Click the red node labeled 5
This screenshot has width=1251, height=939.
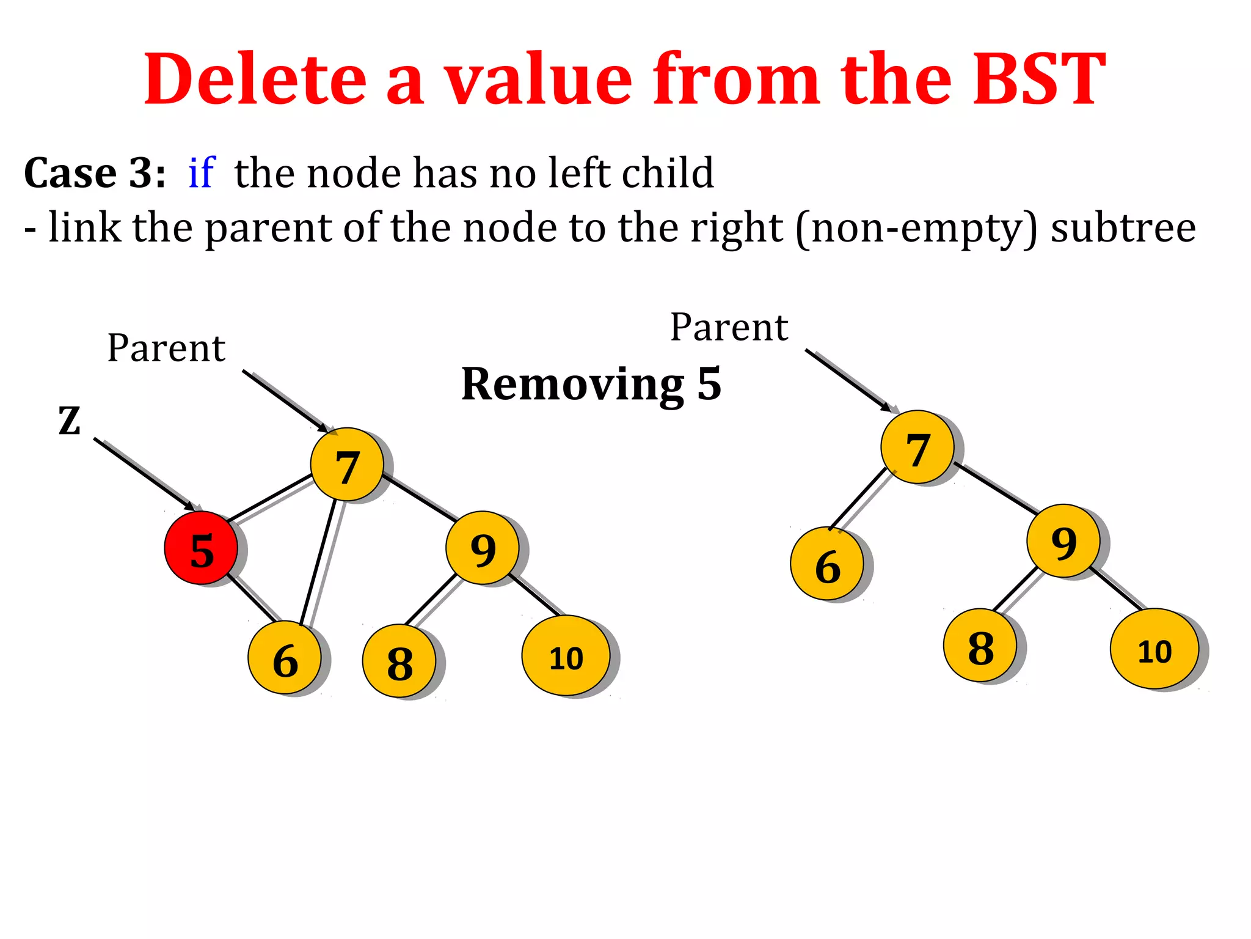pos(201,548)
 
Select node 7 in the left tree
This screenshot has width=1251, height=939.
pos(347,465)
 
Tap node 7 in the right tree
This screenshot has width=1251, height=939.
pos(917,447)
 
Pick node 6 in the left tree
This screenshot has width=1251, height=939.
pos(285,658)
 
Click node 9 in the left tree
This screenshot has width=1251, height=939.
pos(483,548)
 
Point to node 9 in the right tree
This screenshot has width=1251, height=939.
pos(1063,541)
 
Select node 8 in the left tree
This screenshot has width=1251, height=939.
pos(399,661)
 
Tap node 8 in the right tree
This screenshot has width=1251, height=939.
pos(980,646)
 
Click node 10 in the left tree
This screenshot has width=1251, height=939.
pos(566,656)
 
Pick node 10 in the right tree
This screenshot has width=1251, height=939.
pos(1154,649)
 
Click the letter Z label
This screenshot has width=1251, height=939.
pos(70,421)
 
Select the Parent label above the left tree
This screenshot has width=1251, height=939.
pos(166,348)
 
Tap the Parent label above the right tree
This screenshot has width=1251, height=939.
pos(729,327)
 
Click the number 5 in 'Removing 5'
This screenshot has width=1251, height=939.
pos(709,384)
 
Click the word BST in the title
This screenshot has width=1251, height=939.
pos(1038,79)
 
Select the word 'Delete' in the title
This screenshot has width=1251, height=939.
pos(255,79)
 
